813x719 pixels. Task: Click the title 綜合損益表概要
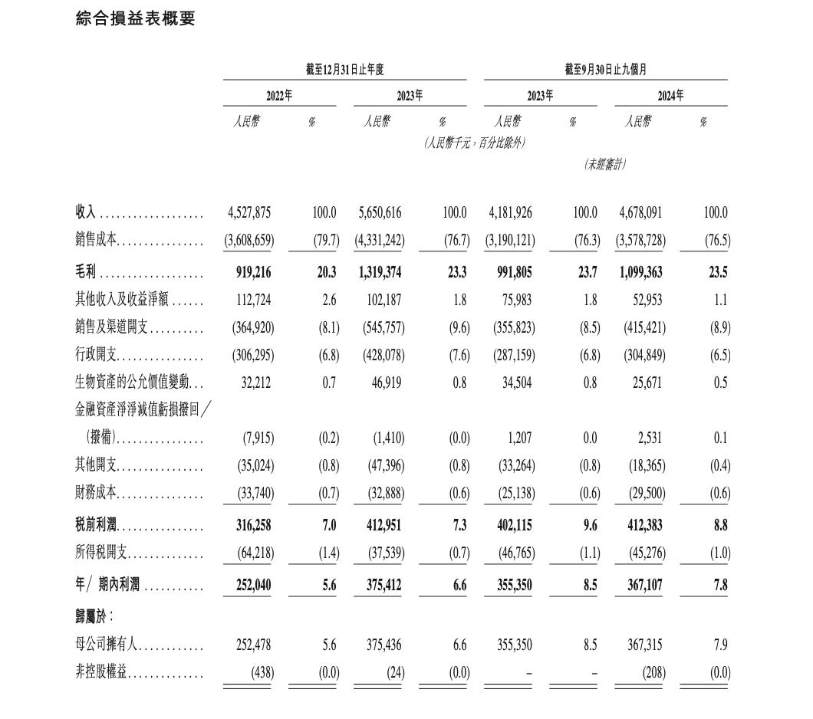coord(136,18)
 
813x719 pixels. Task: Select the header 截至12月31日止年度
coord(344,70)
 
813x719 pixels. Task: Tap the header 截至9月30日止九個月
coord(605,70)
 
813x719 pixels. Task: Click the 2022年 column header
coord(279,96)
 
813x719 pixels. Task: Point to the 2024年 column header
coord(670,96)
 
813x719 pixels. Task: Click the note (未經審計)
coord(605,164)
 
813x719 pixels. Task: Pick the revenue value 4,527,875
coord(249,213)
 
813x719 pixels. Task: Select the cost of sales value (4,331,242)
coord(380,241)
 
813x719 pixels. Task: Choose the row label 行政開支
coord(96,356)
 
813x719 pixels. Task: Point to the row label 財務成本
coord(96,494)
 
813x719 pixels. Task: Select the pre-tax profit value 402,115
coord(510,526)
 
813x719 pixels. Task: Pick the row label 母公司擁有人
coord(107,645)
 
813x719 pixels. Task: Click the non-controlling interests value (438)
coord(262,673)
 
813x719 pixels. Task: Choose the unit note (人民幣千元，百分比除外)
coord(476,143)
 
